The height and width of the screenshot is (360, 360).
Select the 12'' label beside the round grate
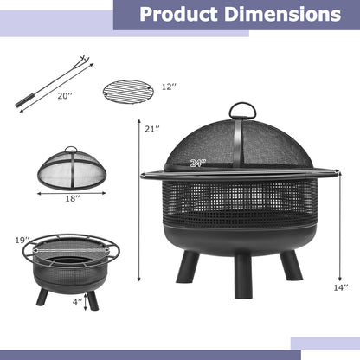169,87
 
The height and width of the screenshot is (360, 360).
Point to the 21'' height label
152,129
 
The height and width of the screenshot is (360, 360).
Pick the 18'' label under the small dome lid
72,198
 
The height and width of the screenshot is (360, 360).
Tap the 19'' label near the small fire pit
22,239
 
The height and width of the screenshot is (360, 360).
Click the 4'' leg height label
78,302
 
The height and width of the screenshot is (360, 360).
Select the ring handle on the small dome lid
72,150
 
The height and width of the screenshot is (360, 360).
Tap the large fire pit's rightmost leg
292,265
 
